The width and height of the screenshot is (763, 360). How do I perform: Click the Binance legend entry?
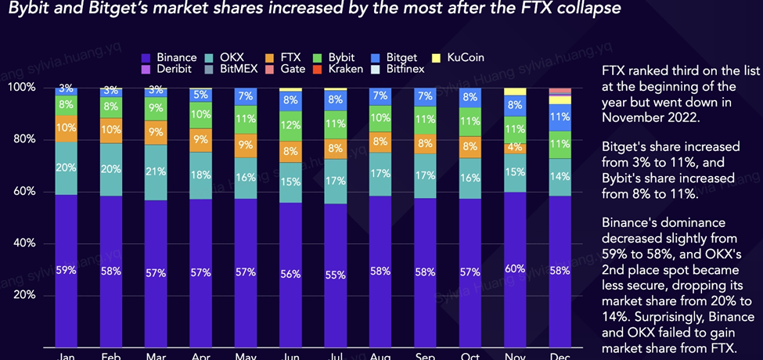(x=170, y=58)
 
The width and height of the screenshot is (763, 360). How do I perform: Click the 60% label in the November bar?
(x=515, y=269)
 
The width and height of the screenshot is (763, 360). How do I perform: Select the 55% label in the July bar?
(x=335, y=275)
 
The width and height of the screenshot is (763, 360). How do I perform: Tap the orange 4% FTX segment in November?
(x=515, y=148)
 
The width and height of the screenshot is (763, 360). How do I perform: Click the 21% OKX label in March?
(x=156, y=172)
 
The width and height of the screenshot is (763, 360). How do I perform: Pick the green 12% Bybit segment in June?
(x=290, y=125)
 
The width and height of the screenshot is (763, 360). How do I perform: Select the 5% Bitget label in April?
(x=201, y=95)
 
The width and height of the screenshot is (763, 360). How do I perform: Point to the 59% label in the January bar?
(x=66, y=271)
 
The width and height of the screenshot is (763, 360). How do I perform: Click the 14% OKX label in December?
(x=560, y=177)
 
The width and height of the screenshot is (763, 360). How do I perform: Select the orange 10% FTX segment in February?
(x=111, y=129)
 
